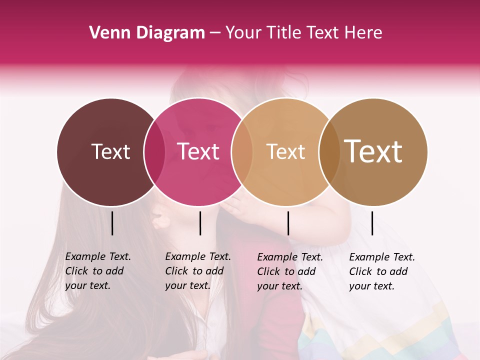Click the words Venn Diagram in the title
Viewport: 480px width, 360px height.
click(x=147, y=33)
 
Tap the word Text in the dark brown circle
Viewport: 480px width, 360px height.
click(x=110, y=151)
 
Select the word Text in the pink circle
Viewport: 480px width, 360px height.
click(x=198, y=151)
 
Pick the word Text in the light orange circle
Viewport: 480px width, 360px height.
click(x=285, y=151)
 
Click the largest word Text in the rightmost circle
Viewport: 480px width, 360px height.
click(x=373, y=151)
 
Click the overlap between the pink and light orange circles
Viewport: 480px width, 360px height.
click(x=241, y=152)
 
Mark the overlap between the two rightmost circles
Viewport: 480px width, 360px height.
click(x=329, y=152)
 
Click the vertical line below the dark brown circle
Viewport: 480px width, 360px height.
click(x=112, y=223)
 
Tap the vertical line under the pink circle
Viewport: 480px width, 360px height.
click(x=200, y=223)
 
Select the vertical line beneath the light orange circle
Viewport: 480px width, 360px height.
click(x=288, y=223)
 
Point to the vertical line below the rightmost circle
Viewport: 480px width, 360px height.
click(x=372, y=223)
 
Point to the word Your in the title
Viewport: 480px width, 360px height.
click(x=243, y=33)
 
